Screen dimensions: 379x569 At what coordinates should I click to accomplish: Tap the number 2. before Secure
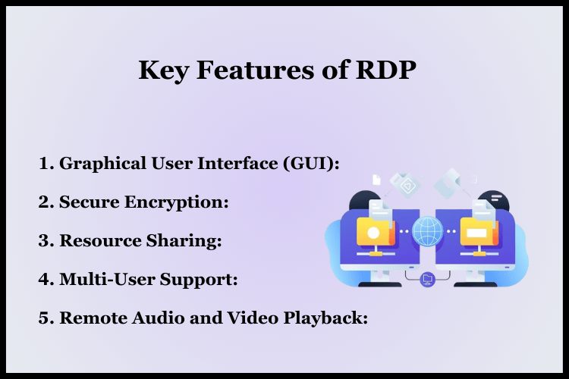[x=46, y=202]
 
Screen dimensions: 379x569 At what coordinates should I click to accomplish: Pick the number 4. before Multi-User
[x=46, y=280]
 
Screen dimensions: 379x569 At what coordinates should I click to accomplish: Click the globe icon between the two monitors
[x=427, y=230]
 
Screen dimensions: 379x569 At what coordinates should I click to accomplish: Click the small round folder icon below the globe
[x=427, y=279]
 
